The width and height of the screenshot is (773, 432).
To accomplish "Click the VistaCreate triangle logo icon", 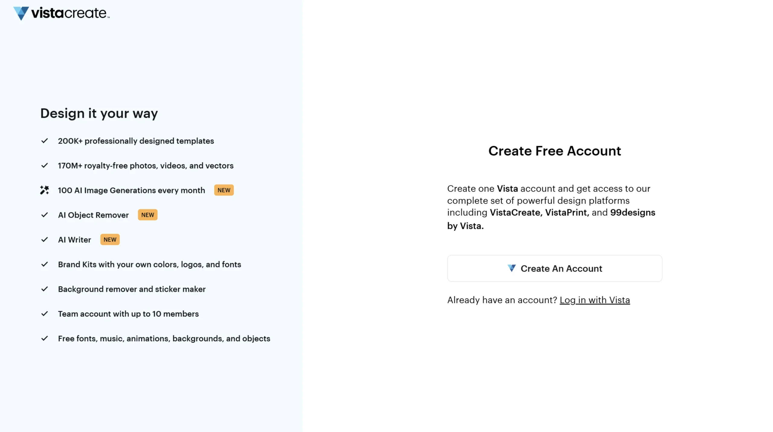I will coord(21,13).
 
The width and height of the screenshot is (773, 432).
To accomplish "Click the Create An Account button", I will coord(554,268).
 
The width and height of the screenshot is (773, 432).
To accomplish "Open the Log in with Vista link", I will coord(595,300).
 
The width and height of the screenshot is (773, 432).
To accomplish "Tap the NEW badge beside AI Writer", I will coord(110,239).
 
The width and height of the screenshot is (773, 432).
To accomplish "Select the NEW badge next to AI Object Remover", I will coord(148,215).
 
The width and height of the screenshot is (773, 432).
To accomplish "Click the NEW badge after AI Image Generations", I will coord(224,190).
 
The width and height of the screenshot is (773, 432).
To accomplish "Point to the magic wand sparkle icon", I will coord(44,190).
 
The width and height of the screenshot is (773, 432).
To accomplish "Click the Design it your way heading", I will coord(99,113).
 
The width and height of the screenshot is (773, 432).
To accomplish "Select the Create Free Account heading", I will coord(554,151).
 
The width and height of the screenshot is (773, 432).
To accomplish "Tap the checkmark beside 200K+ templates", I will coord(45,141).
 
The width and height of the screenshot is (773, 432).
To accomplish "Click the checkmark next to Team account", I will coord(45,314).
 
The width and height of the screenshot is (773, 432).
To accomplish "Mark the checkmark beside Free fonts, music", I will coord(45,339).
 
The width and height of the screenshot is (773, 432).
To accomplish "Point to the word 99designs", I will coord(632,213).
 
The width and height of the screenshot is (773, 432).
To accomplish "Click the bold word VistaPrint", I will coord(566,213).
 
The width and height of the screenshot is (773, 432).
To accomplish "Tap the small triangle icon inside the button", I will coord(512,268).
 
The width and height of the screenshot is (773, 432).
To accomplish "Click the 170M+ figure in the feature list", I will coord(70,166).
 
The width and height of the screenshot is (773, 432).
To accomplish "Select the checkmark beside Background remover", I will coord(45,289).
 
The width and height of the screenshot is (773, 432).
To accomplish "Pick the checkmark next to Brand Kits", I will coord(45,265).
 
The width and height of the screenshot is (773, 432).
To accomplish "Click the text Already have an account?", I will coord(502,300).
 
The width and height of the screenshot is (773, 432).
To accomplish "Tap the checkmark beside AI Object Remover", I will coord(45,215).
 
